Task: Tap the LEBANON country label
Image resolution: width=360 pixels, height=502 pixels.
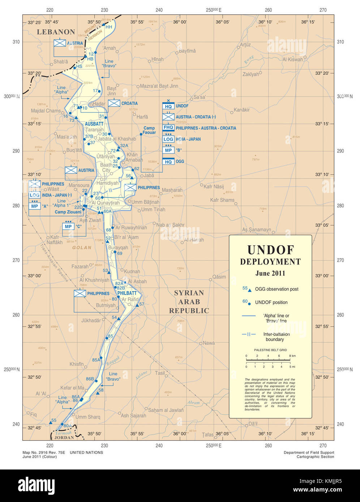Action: click(56, 32)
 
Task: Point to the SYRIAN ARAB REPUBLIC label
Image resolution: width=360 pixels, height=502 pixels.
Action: click(189, 302)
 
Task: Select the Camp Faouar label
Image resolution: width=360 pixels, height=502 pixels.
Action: click(149, 130)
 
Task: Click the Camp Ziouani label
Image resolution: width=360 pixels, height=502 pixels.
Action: click(68, 212)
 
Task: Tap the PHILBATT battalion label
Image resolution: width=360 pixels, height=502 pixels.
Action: click(127, 293)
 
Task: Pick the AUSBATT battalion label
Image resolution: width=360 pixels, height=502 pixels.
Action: click(94, 124)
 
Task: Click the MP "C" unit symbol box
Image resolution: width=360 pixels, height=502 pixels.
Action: click(68, 226)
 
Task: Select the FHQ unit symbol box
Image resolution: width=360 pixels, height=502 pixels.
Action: click(168, 128)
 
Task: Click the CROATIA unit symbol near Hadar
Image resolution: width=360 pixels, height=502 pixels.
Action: click(114, 103)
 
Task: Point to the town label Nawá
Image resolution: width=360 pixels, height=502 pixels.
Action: click(209, 343)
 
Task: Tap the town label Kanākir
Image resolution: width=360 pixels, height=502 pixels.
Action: click(242, 110)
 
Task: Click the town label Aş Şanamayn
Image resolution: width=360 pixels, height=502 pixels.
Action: click(256, 230)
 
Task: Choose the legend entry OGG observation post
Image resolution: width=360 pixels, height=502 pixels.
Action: click(277, 289)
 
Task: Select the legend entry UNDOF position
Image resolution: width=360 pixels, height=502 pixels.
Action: click(271, 302)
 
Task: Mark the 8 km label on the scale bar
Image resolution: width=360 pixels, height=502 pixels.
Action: click(292, 356)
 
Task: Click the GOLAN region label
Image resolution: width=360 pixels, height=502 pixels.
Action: click(82, 248)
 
